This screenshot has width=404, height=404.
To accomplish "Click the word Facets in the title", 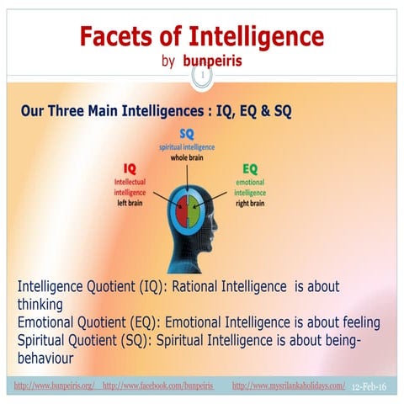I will (x=119, y=37).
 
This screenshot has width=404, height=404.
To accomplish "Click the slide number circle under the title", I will (x=202, y=78).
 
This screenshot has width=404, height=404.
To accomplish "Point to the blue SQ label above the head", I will (x=187, y=134).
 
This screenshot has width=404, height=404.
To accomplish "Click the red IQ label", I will (x=130, y=168).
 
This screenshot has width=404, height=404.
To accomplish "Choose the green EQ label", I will (x=250, y=168).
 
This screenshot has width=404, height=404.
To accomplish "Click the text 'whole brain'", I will (x=187, y=157).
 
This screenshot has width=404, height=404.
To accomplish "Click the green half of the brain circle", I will (x=196, y=208).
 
